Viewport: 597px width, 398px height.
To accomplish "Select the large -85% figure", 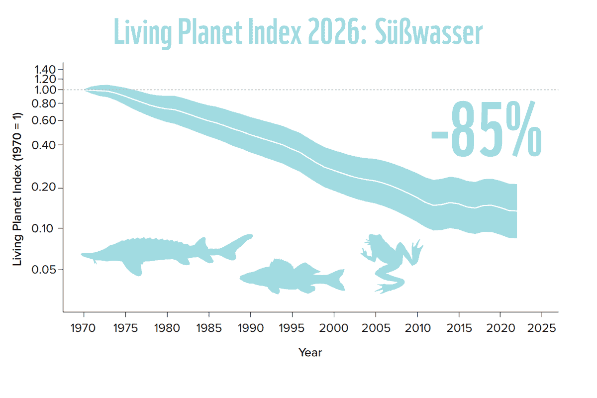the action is [x=487, y=128].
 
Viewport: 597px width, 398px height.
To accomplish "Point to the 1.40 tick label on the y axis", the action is [x=45, y=70].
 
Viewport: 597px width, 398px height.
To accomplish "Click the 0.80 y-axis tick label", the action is [x=44, y=103].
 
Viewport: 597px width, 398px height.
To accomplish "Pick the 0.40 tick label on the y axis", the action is [x=44, y=146].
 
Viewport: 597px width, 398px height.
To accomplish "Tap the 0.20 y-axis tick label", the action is [x=44, y=187].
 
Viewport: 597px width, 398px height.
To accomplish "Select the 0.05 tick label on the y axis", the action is [x=44, y=270].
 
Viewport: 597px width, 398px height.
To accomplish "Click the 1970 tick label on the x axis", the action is [x=83, y=328].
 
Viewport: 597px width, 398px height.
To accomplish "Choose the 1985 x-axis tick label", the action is [x=209, y=328].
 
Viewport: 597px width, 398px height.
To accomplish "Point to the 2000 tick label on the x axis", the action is [x=334, y=328].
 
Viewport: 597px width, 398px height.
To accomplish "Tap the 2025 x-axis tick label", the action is [x=542, y=328].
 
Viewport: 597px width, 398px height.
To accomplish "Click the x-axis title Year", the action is [x=310, y=353].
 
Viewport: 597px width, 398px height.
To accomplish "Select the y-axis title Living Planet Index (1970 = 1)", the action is [x=17, y=189].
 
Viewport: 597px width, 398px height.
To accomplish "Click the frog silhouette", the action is [x=392, y=263].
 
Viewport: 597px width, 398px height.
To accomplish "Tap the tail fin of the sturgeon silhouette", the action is [x=234, y=247].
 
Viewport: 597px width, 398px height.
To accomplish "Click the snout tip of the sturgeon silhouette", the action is [x=82, y=255].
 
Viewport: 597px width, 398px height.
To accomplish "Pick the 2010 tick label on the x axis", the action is [x=417, y=328].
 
